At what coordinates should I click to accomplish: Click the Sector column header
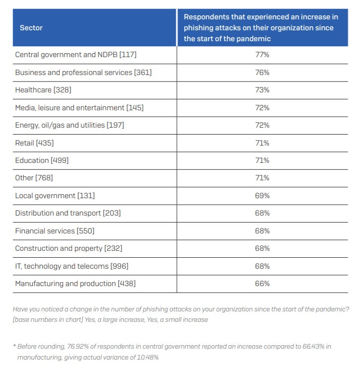click(x=31, y=28)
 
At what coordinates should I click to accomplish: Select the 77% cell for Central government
click(x=262, y=55)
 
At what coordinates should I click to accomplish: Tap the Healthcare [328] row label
click(x=43, y=90)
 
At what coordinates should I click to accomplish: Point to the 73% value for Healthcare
click(x=262, y=90)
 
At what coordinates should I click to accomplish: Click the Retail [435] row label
click(x=34, y=143)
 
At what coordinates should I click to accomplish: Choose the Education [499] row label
click(x=42, y=160)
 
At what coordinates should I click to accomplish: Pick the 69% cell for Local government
click(x=262, y=196)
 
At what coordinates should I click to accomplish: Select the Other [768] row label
click(x=34, y=178)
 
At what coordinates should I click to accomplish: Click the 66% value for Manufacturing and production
click(x=262, y=284)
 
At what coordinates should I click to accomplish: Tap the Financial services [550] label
click(x=55, y=231)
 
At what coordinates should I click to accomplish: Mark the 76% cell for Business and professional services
click(x=262, y=73)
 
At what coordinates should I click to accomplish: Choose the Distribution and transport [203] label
click(x=68, y=213)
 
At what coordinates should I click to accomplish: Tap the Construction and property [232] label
click(x=69, y=248)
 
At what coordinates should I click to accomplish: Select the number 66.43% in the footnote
click(x=313, y=346)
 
